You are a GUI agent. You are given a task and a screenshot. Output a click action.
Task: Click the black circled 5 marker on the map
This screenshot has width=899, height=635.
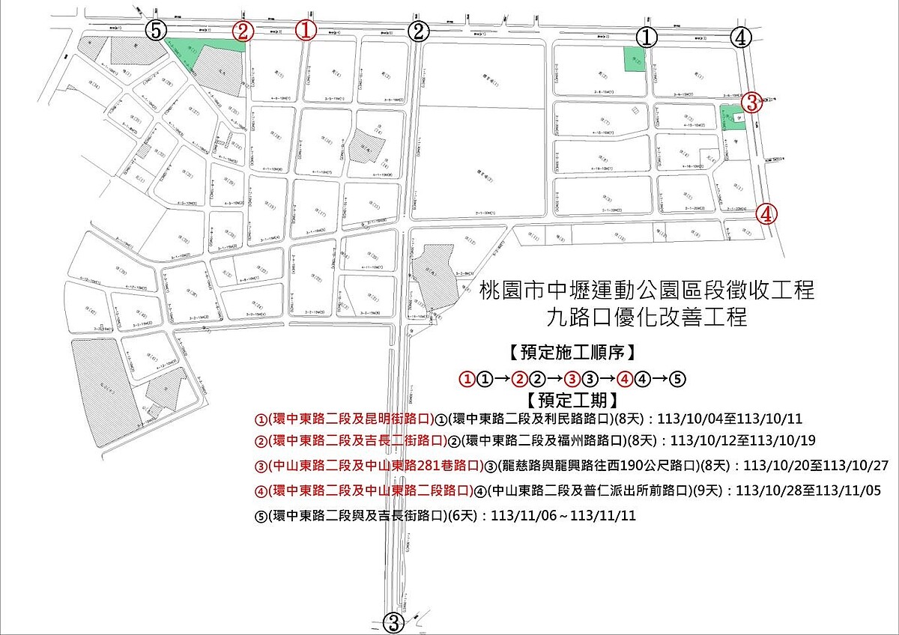[155, 31]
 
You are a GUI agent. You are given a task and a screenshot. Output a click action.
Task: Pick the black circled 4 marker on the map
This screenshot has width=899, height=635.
[741, 36]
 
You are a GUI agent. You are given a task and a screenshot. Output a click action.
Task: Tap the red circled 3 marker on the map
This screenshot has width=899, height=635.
[754, 103]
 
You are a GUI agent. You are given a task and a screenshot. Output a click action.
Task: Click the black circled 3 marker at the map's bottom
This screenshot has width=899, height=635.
[394, 622]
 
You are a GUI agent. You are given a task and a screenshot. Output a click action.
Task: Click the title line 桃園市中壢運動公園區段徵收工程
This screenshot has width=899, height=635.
[647, 290]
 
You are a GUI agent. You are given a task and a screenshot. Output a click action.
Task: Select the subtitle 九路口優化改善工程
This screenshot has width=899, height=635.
[647, 317]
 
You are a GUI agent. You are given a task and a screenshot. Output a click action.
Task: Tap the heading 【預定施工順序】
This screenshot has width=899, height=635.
[572, 351]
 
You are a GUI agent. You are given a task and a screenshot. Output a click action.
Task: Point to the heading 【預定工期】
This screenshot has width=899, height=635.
[572, 398]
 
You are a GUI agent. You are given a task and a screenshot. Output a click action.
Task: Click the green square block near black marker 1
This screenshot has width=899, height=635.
[634, 58]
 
